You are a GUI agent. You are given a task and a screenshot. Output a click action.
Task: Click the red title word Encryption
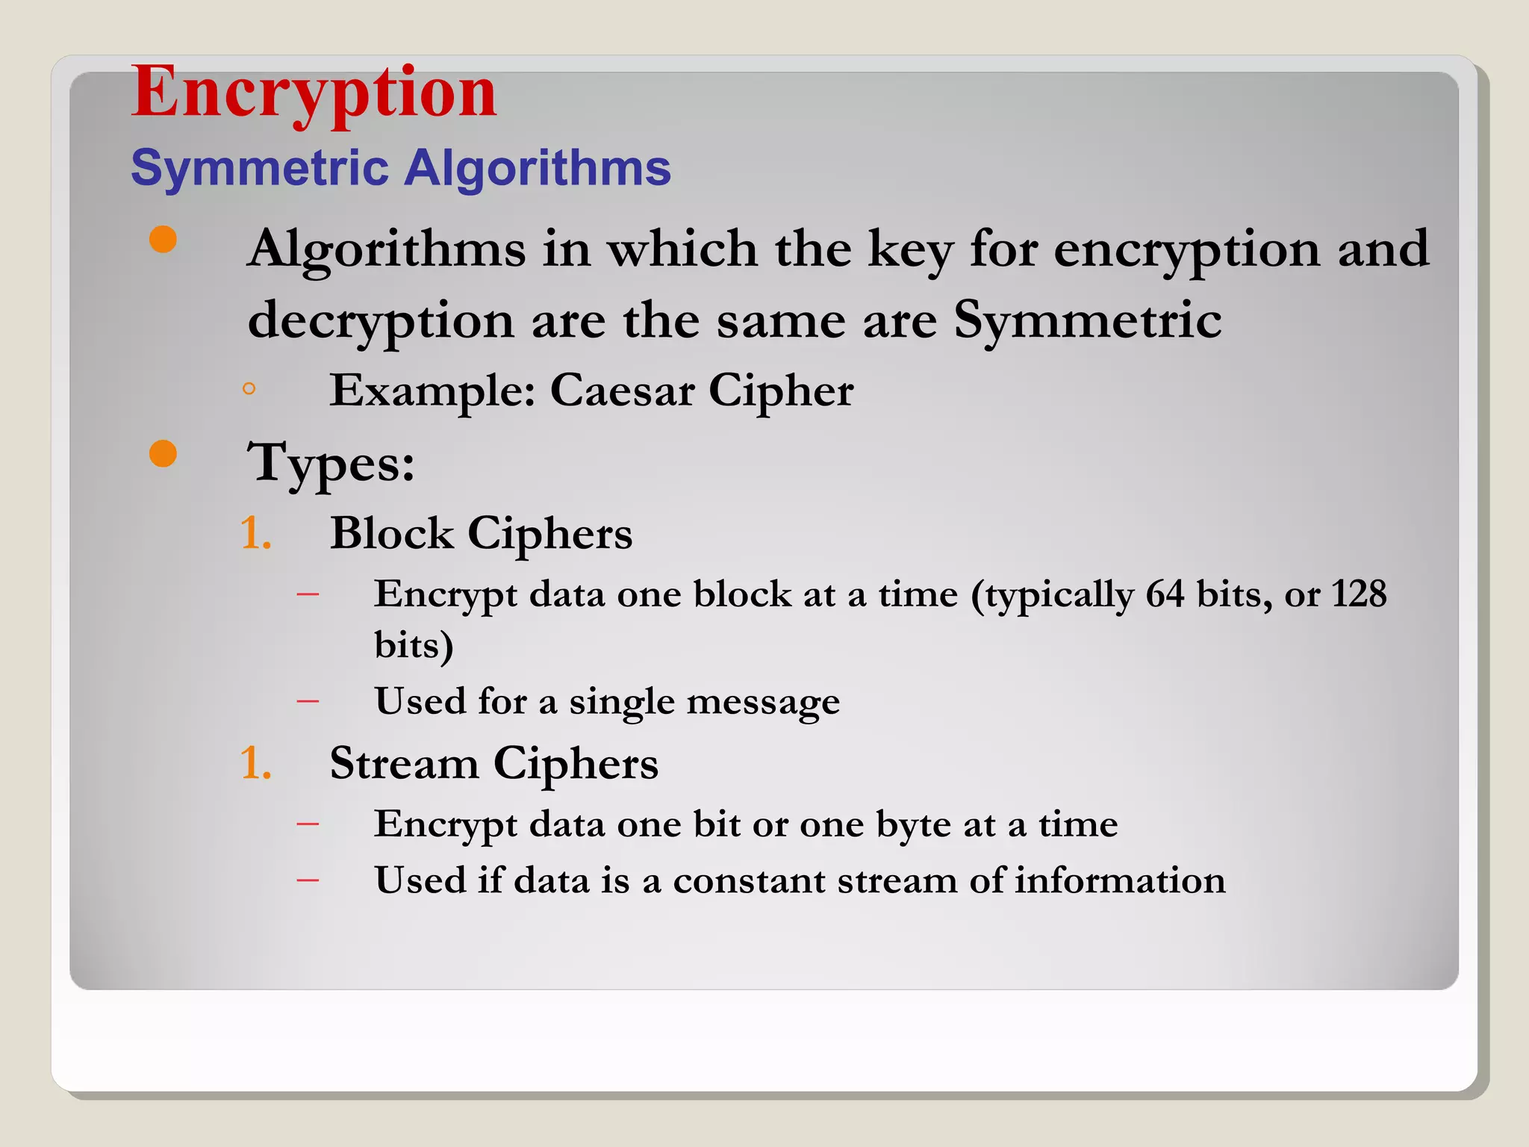point(314,92)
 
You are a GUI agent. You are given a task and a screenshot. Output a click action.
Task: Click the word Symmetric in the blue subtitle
point(259,167)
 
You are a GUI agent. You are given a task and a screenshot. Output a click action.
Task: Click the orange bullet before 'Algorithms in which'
point(163,240)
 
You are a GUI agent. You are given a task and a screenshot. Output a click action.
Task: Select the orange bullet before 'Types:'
point(163,453)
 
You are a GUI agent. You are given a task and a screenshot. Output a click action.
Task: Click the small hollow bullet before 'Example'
point(249,388)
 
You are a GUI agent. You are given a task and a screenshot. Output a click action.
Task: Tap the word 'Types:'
point(331,463)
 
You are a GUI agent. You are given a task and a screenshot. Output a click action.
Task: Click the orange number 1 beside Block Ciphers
point(255,534)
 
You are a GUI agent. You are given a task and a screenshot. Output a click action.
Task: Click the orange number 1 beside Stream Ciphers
point(255,764)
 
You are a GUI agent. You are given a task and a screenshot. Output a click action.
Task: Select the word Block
point(392,534)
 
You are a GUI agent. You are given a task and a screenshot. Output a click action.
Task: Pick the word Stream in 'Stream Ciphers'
point(404,764)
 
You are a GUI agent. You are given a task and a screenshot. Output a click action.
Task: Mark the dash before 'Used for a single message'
point(308,700)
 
